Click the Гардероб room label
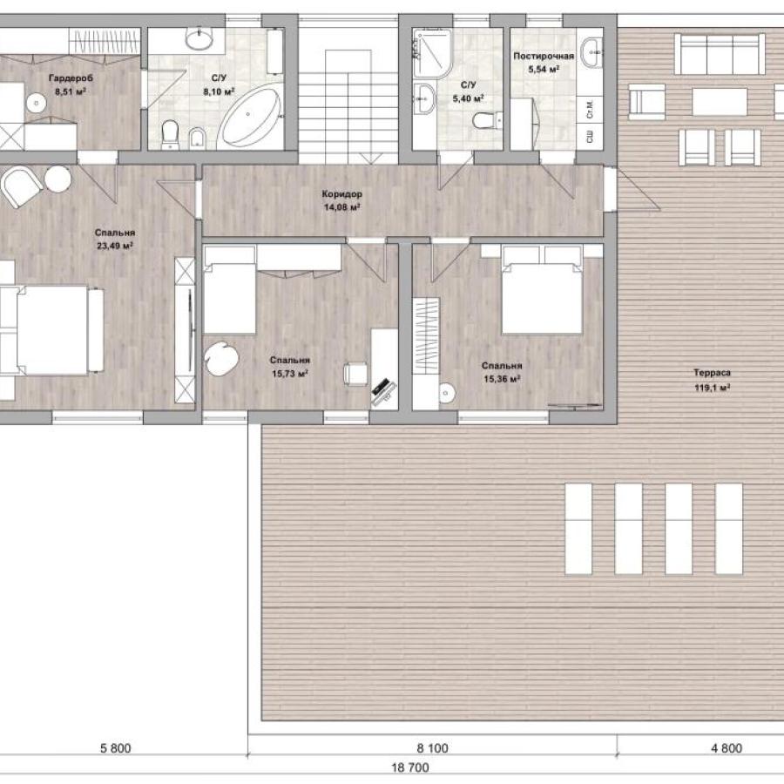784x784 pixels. point(71,78)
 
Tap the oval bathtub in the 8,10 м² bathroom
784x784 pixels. point(250,116)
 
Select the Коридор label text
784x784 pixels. point(342,194)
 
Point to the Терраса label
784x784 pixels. point(712,373)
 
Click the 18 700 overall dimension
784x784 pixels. point(410,767)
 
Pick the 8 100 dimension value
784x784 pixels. point(432,748)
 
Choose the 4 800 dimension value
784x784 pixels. point(727,748)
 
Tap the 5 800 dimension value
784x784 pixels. point(116,748)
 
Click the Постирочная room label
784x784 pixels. point(544,56)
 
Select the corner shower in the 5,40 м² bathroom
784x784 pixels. point(431,51)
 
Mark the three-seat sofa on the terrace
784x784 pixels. point(720,54)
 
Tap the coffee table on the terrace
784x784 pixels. point(720,102)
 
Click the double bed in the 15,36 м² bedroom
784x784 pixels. point(542,290)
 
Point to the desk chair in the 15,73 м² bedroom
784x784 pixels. point(355,374)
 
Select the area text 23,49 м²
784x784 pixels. point(114,246)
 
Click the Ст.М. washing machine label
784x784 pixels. point(590,110)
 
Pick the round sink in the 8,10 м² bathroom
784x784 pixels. point(199,38)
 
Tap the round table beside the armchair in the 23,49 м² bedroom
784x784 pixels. point(58,179)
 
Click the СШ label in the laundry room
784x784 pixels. point(590,137)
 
